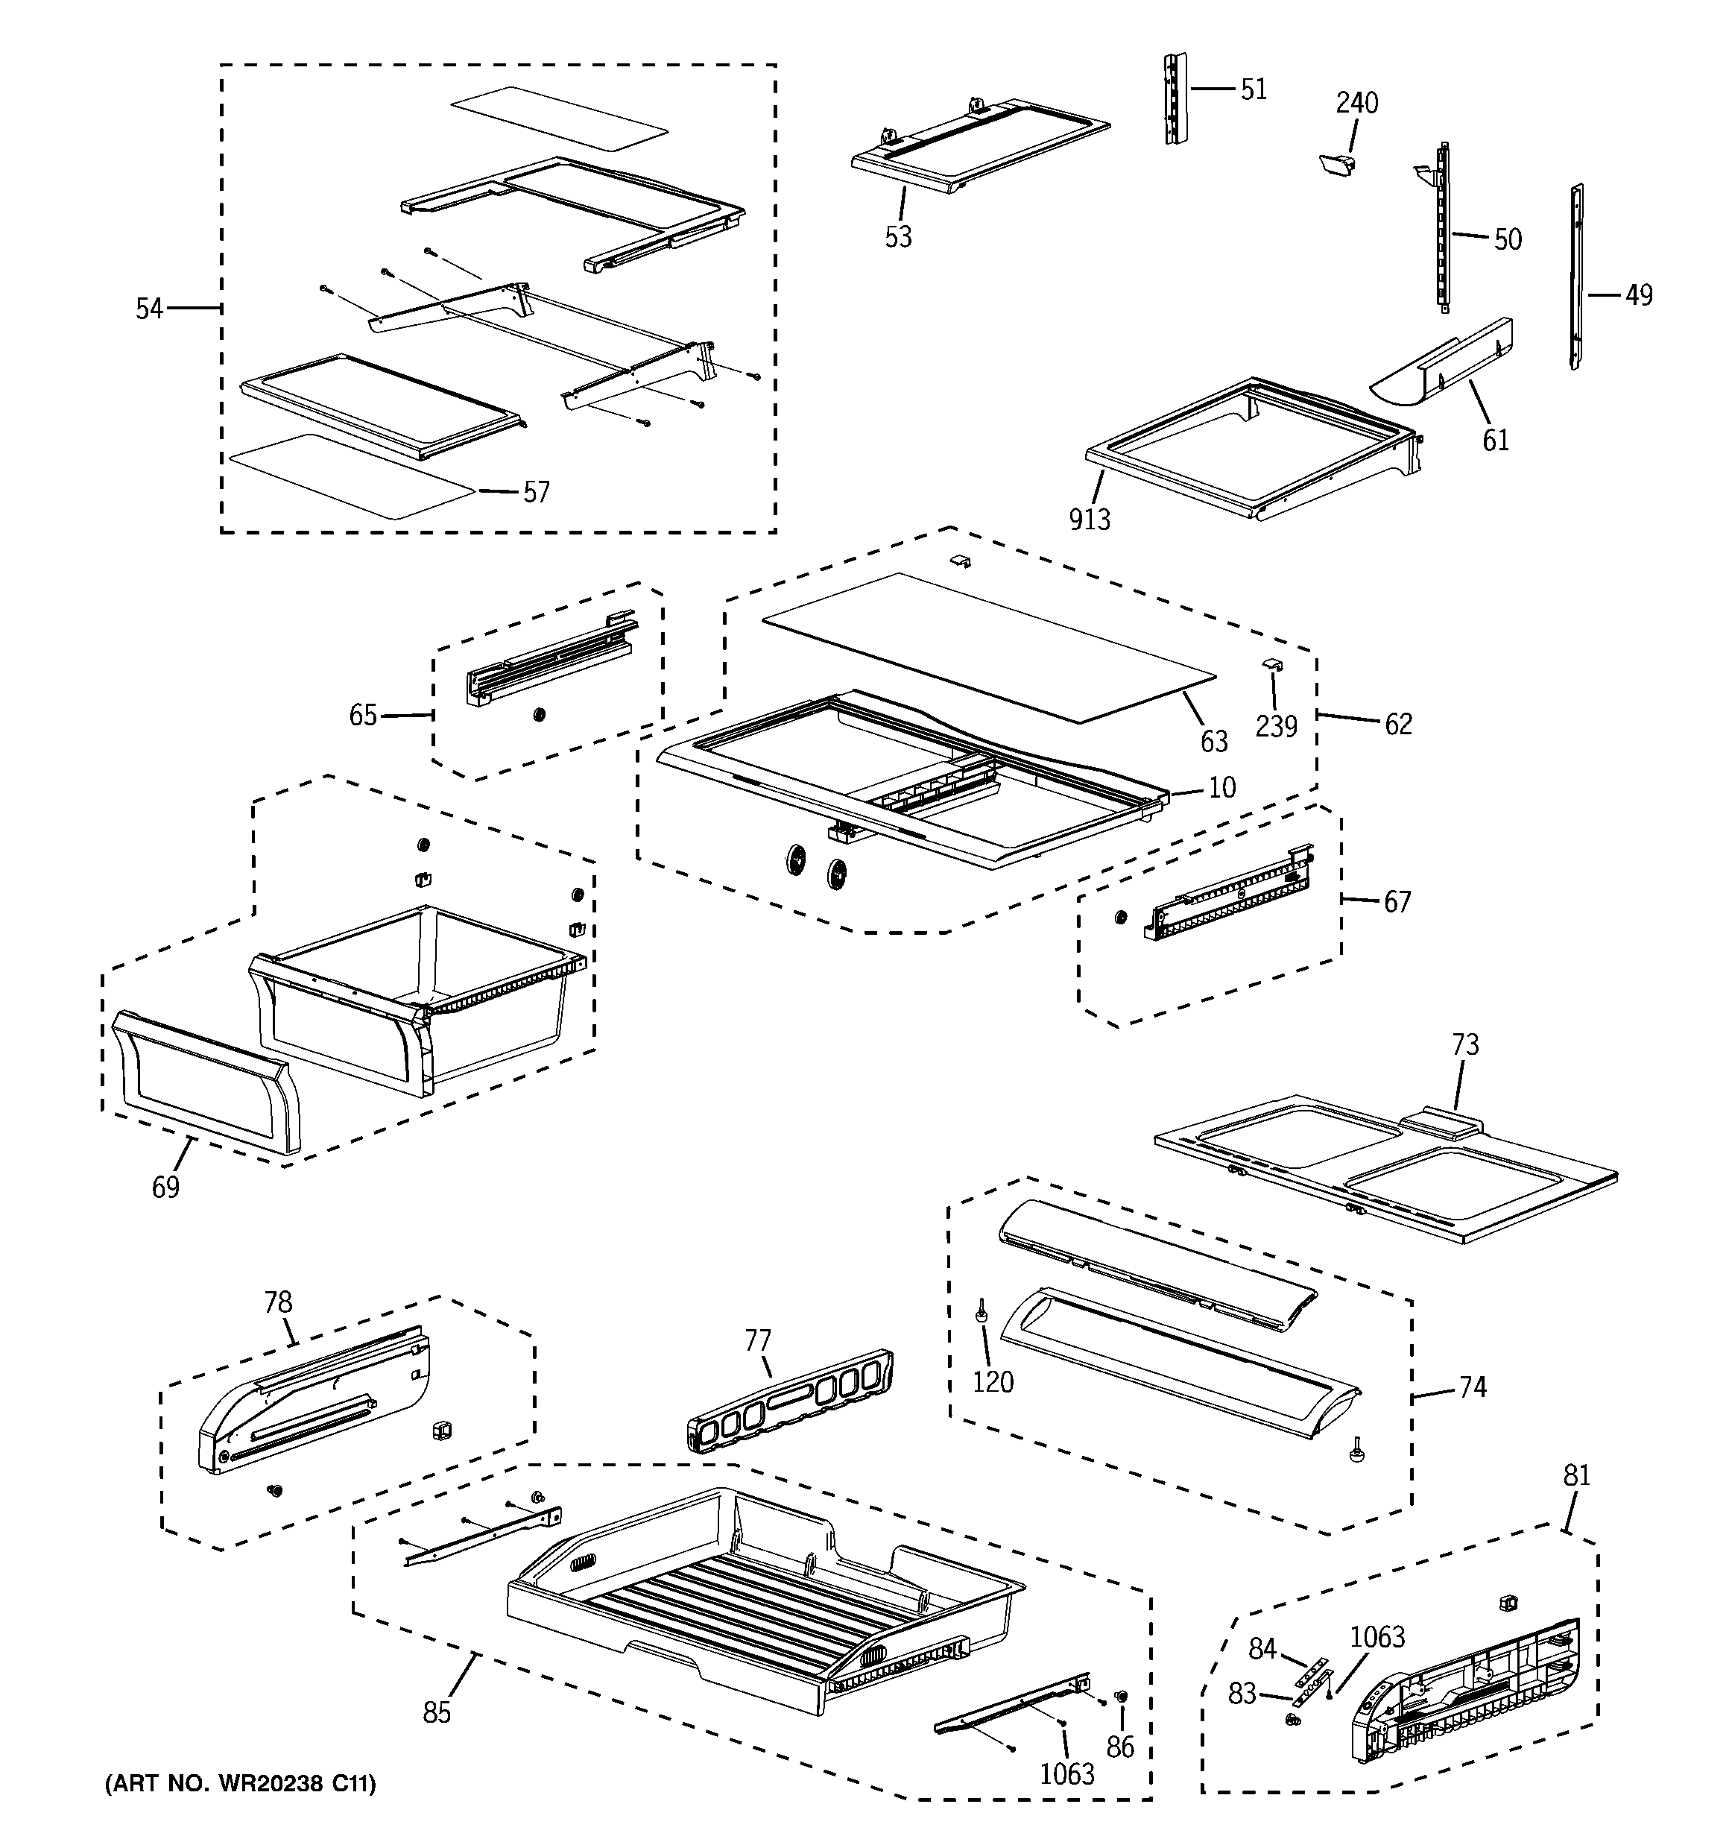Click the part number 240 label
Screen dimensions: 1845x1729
click(x=1357, y=102)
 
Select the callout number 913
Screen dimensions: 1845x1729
click(x=1090, y=520)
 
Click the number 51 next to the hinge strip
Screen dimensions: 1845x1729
click(x=1254, y=89)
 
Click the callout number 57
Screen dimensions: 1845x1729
click(x=537, y=492)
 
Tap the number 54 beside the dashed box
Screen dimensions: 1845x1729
click(x=149, y=308)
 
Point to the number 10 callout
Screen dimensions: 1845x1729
click(x=1222, y=787)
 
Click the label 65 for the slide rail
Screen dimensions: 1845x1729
click(x=363, y=715)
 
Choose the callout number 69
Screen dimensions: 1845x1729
click(x=166, y=1186)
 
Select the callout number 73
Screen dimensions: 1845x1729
click(x=1464, y=1045)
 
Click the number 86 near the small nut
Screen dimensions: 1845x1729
click(x=1120, y=1747)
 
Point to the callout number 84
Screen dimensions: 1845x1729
click(x=1262, y=1648)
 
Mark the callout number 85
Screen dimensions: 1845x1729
click(x=437, y=1712)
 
